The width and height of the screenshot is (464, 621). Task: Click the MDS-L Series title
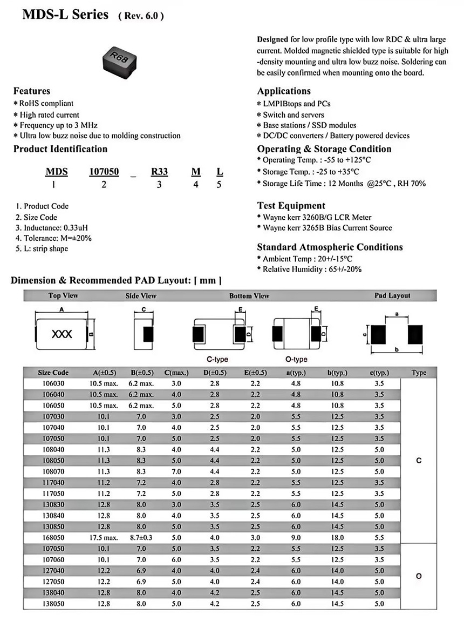(x=65, y=15)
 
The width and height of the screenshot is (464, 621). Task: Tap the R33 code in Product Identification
(x=159, y=172)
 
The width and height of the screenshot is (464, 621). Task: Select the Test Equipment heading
(x=291, y=206)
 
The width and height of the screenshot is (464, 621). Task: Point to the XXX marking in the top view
(x=62, y=334)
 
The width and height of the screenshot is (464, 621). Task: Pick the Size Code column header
(x=53, y=373)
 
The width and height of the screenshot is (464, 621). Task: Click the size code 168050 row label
(x=53, y=538)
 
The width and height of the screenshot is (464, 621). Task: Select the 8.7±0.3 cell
(x=142, y=538)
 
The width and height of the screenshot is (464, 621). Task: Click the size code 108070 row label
(x=53, y=471)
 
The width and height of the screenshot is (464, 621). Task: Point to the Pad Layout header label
(x=392, y=295)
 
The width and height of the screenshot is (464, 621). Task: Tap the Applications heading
(x=284, y=91)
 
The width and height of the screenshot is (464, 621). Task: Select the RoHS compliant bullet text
(x=46, y=103)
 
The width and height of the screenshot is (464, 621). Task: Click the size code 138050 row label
(x=53, y=604)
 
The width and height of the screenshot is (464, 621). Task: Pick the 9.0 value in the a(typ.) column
(x=296, y=538)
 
